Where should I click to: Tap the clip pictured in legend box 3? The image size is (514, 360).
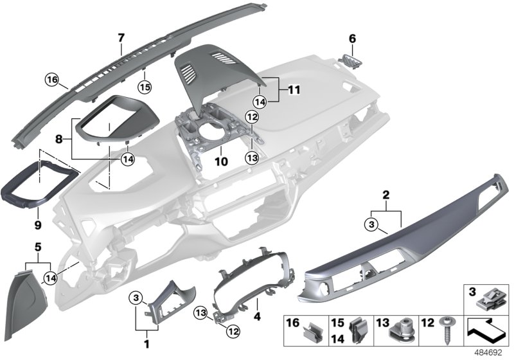[488, 301]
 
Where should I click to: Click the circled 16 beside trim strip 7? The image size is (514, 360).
[52, 80]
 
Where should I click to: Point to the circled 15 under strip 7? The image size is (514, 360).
[145, 85]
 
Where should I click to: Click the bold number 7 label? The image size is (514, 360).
[120, 37]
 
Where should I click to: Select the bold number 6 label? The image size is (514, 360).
[351, 38]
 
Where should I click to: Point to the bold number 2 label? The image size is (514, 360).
[387, 194]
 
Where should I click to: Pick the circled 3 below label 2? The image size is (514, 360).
[371, 224]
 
